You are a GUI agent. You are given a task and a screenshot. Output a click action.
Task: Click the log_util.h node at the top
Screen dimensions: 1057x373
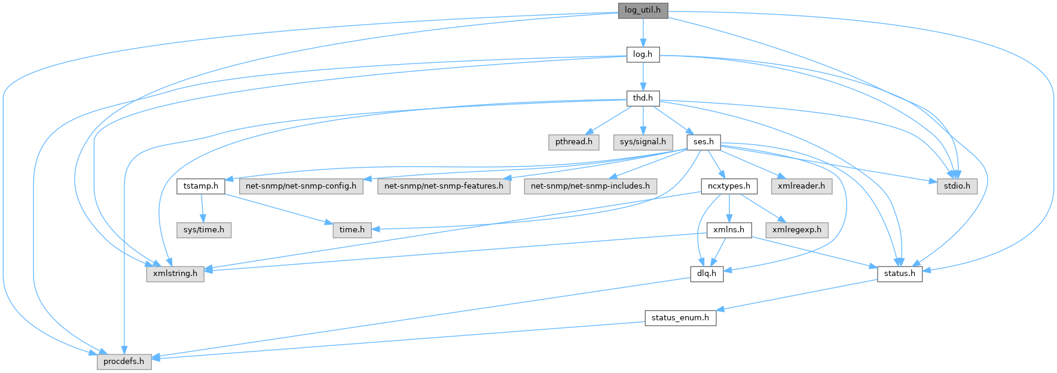pyautogui.click(x=643, y=10)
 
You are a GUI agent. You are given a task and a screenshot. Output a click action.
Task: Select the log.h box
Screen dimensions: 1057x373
pyautogui.click(x=643, y=54)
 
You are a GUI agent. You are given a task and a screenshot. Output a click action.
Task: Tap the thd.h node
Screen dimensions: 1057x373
pyautogui.click(x=643, y=98)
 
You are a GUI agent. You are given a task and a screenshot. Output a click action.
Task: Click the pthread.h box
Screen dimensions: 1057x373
pyautogui.click(x=573, y=142)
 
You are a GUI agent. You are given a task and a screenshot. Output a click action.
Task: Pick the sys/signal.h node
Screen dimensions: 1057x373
pyautogui.click(x=643, y=142)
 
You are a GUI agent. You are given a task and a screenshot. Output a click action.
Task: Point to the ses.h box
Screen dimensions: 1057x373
pyautogui.click(x=704, y=142)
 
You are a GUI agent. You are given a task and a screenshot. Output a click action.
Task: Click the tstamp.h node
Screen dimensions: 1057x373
pyautogui.click(x=201, y=186)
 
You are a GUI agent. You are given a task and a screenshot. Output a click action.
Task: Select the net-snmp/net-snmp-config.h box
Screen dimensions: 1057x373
pyautogui.click(x=301, y=186)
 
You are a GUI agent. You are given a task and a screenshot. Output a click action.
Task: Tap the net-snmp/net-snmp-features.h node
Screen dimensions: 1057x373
pyautogui.click(x=444, y=186)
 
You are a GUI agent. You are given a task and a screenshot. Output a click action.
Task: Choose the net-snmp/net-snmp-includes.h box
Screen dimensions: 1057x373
pyautogui.click(x=590, y=186)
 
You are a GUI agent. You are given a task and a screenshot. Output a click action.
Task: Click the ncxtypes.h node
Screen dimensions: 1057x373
pyautogui.click(x=729, y=186)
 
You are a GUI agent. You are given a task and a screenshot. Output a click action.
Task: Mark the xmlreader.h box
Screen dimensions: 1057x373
pyautogui.click(x=801, y=186)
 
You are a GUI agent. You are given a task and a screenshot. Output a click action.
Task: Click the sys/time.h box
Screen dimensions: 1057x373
pyautogui.click(x=204, y=230)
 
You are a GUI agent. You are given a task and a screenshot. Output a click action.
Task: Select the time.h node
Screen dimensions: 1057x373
pyautogui.click(x=352, y=230)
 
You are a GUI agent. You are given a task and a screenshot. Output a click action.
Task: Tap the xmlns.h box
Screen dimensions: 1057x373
pyautogui.click(x=729, y=230)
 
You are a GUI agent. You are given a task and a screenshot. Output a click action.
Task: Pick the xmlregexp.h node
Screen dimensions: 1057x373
pyautogui.click(x=797, y=230)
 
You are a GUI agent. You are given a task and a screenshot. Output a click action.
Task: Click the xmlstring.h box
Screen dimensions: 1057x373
pyautogui.click(x=175, y=274)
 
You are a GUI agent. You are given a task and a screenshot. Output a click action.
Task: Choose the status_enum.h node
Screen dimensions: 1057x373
pyautogui.click(x=680, y=318)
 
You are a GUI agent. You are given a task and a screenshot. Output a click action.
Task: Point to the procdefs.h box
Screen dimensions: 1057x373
pyautogui.click(x=124, y=362)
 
